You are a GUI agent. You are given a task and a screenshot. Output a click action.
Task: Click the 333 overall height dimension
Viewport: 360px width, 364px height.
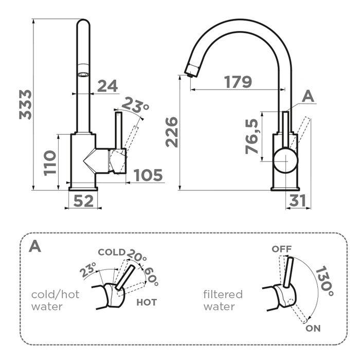point(25,105)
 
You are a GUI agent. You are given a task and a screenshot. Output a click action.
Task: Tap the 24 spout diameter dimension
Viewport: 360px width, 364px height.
point(107,86)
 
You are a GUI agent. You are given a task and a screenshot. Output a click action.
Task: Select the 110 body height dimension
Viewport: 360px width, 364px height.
point(50,163)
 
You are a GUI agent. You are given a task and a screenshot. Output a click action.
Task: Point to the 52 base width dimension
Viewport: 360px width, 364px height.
point(83,201)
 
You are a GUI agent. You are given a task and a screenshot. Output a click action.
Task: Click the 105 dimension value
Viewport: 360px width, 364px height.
point(148,175)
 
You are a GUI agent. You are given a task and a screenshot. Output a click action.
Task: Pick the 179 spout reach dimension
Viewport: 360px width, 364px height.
point(238,82)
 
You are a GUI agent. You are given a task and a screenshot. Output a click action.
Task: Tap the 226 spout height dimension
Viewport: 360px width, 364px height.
point(172,132)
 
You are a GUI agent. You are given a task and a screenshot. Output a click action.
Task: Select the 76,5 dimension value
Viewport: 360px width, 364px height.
point(252,137)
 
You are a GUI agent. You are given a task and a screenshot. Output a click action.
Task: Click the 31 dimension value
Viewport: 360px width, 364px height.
point(298,201)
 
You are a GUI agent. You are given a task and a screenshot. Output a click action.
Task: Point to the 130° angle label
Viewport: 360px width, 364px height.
point(325,281)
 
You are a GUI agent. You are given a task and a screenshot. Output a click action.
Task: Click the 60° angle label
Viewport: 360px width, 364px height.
point(152,277)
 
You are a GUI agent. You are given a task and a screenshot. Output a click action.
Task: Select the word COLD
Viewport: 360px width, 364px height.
point(112,252)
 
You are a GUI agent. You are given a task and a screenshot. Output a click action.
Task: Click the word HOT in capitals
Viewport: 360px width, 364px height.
point(147,302)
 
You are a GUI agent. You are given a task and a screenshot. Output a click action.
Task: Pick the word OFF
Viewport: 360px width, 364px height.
point(281,249)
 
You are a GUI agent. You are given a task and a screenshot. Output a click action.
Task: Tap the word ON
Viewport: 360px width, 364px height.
point(313,328)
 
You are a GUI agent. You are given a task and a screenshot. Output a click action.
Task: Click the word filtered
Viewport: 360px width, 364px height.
point(223,295)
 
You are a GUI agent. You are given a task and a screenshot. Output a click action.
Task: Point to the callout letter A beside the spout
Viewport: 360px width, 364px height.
point(308,97)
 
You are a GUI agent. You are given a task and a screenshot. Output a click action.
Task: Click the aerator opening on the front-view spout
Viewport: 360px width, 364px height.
point(83,75)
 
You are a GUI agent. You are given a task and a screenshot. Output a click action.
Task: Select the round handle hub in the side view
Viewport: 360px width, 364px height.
point(285,161)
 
